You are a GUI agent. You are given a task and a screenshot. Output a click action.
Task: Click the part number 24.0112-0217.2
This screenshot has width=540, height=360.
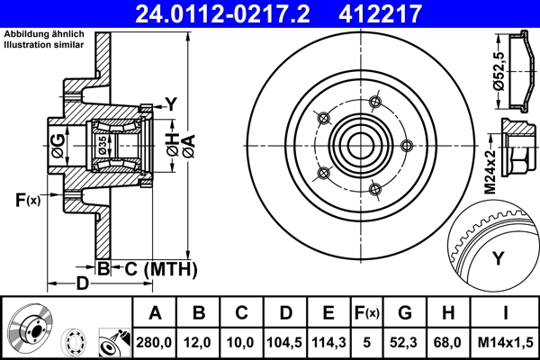point(232,13)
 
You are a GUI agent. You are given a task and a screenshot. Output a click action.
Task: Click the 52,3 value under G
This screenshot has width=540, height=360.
point(405,342)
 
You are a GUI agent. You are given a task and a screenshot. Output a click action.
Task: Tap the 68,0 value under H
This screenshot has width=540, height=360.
point(448,342)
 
